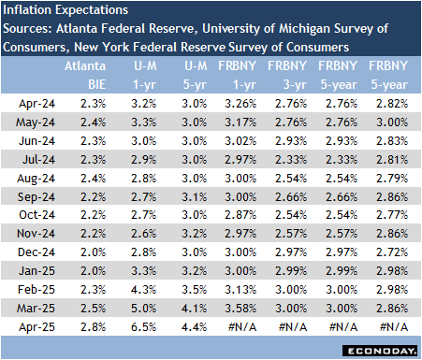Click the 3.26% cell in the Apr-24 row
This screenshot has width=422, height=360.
(x=244, y=102)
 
